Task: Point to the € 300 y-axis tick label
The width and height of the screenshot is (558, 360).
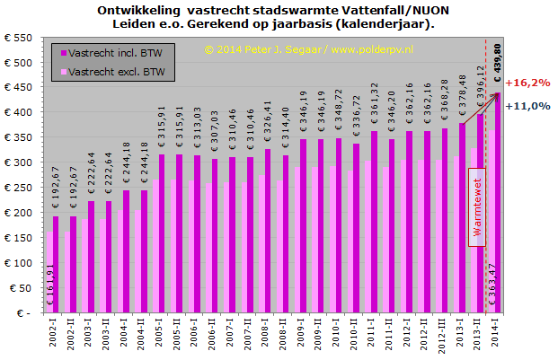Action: [x=19, y=164]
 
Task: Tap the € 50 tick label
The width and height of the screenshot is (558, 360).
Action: [x=22, y=289]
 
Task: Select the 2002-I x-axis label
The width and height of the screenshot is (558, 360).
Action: [x=55, y=336]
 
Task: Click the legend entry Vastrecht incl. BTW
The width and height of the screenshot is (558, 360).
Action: [x=114, y=52]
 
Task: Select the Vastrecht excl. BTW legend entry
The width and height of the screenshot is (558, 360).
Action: [x=115, y=71]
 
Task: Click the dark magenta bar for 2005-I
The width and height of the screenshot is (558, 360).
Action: [x=162, y=233]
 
